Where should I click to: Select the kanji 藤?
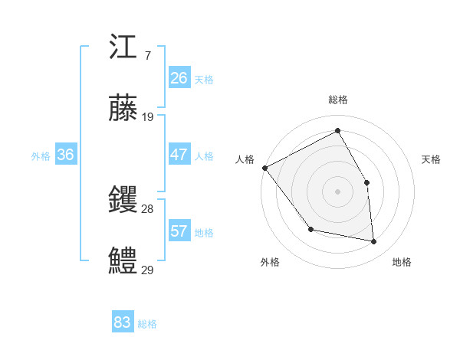[123, 108]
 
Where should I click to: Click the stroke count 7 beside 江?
[147, 56]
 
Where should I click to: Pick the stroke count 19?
[148, 117]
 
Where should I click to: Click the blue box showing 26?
[179, 78]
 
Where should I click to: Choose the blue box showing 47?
[179, 155]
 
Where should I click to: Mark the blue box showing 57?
[179, 231]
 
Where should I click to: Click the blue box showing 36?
[66, 155]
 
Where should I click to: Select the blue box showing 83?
[123, 322]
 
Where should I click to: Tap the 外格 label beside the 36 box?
[41, 156]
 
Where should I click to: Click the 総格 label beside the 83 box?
[147, 324]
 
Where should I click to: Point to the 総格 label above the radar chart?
[338, 100]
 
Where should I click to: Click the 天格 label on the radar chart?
[431, 159]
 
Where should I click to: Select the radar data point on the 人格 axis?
[264, 168]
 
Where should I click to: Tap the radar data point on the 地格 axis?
[374, 241]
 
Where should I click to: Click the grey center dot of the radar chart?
[338, 191]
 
